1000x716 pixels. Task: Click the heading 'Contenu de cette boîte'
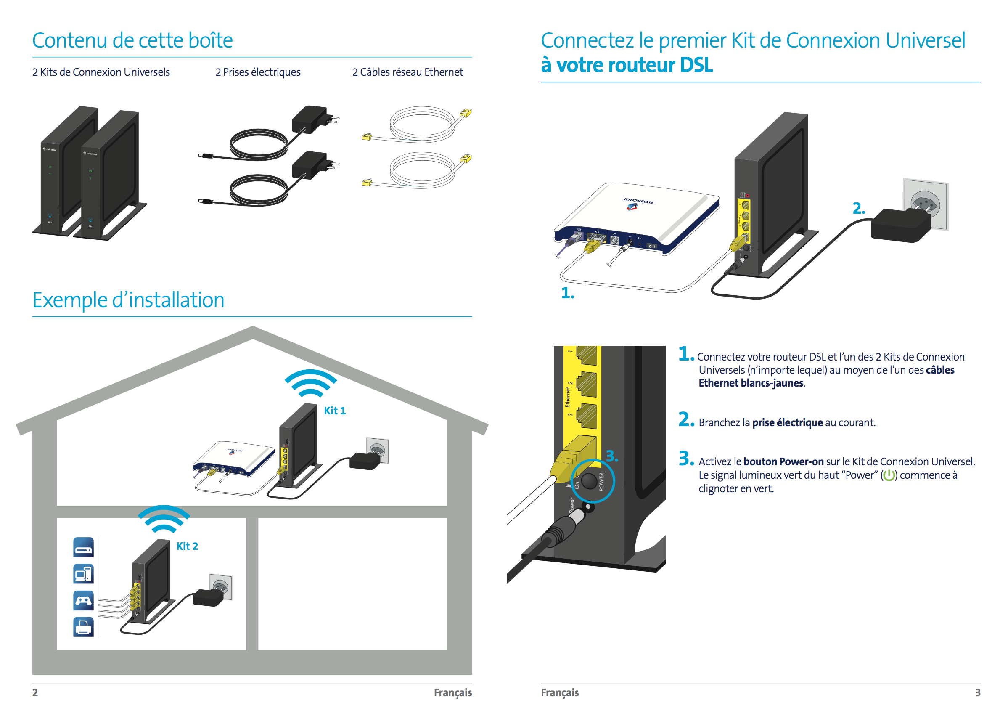tap(132, 40)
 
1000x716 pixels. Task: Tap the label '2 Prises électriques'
tap(258, 72)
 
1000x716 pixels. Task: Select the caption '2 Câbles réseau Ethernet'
tap(407, 72)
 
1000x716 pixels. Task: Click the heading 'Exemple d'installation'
tap(128, 300)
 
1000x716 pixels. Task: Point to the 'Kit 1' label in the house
tap(334, 411)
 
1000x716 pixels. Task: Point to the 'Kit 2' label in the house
tap(187, 546)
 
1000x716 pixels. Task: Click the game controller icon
tap(83, 600)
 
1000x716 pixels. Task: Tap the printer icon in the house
tap(83, 626)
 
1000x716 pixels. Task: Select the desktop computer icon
tap(83, 573)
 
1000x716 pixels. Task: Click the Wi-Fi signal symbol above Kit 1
tap(310, 383)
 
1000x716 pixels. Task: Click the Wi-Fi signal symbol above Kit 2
tap(164, 518)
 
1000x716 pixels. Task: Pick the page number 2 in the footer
tap(35, 692)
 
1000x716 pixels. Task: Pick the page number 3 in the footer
tap(978, 692)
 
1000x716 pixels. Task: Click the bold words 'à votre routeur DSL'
tap(626, 65)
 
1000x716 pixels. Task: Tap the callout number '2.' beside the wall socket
tap(859, 208)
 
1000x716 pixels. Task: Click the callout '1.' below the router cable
tap(567, 293)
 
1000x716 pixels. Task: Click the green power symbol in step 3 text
tap(889, 475)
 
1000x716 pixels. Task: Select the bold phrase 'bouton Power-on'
tap(783, 461)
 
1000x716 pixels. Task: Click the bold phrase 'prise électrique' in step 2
tap(787, 422)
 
